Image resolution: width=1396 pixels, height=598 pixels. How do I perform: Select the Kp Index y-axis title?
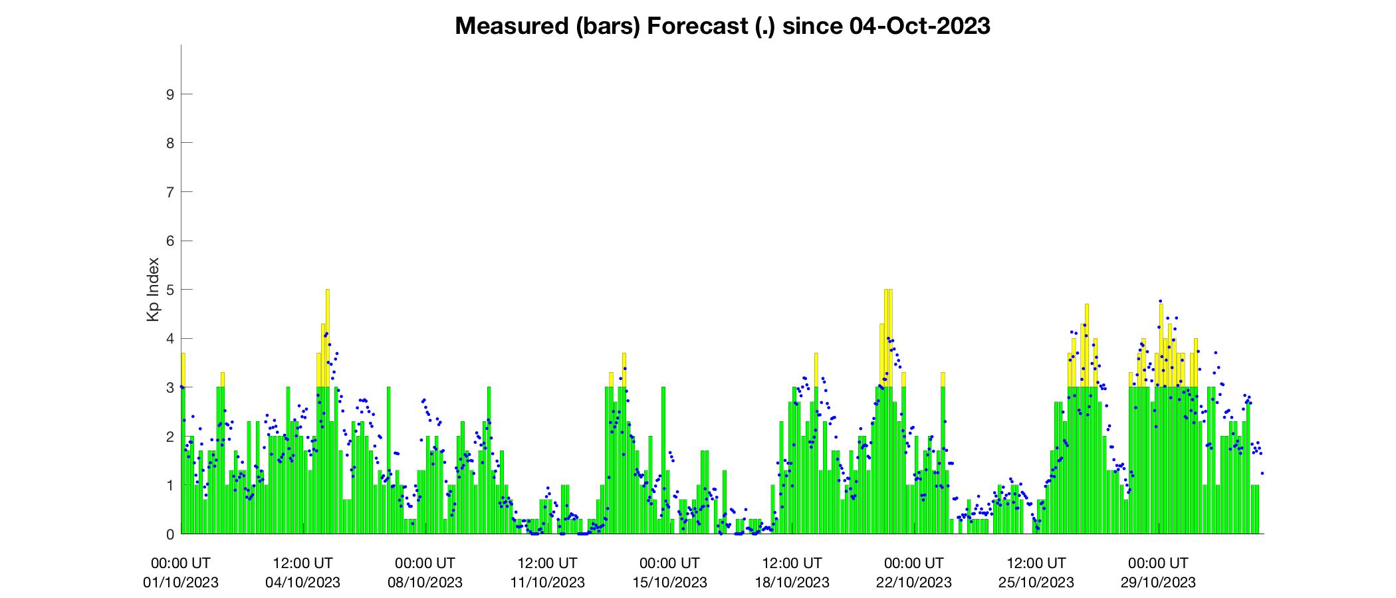(153, 290)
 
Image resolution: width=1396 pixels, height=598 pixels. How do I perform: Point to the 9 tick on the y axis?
(170, 94)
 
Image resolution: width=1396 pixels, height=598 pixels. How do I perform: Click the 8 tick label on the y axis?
(170, 143)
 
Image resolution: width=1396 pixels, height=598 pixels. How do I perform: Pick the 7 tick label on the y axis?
(170, 192)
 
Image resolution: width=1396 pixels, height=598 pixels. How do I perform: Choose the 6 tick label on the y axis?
(170, 241)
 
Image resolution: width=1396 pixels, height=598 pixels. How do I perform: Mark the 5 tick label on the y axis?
(170, 290)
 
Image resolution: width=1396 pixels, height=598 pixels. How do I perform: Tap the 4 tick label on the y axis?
(170, 338)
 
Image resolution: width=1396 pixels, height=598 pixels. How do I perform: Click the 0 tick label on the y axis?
(170, 534)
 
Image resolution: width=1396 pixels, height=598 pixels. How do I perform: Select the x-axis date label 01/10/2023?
(181, 583)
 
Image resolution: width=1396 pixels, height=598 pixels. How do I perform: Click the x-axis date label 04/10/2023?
(303, 583)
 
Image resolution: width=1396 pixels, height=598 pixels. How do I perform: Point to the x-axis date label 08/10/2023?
(425, 583)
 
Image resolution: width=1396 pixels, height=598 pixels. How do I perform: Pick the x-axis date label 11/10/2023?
(548, 583)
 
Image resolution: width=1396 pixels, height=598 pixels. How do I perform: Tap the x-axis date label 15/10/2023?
(670, 583)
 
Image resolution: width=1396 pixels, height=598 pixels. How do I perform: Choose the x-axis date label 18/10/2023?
(792, 583)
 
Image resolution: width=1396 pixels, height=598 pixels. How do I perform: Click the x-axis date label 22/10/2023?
(915, 583)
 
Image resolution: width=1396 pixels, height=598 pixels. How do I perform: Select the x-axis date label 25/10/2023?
(1037, 583)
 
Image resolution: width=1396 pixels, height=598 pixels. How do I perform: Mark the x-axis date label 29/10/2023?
(1159, 583)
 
